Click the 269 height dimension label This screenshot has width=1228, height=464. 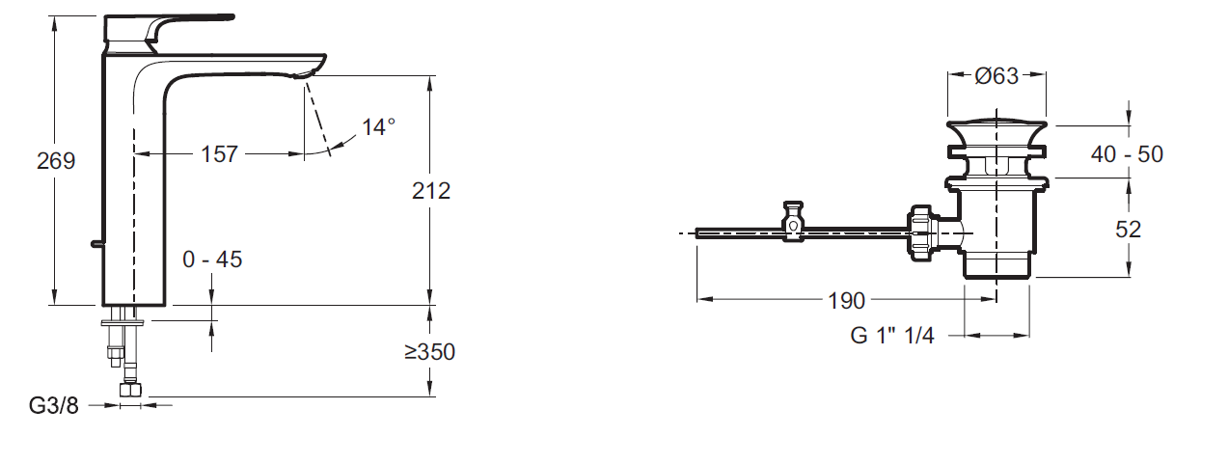(56, 161)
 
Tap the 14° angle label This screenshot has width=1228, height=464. (378, 126)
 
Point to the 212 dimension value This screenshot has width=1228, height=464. (430, 191)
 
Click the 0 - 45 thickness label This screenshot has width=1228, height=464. (212, 259)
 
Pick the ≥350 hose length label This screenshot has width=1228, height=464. (429, 352)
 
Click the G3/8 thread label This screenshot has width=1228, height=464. (55, 405)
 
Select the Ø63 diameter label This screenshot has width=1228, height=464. (996, 76)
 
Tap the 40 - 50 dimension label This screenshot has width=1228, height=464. (1127, 153)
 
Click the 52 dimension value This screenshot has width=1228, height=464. (1127, 229)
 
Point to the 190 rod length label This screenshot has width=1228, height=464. (846, 301)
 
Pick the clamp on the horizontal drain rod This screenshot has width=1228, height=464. (793, 222)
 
